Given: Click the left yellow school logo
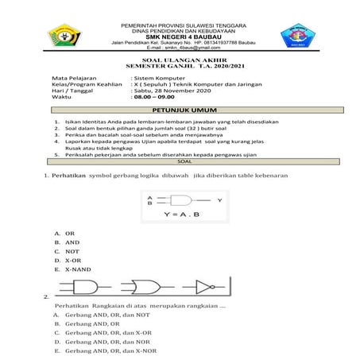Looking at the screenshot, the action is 66,36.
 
